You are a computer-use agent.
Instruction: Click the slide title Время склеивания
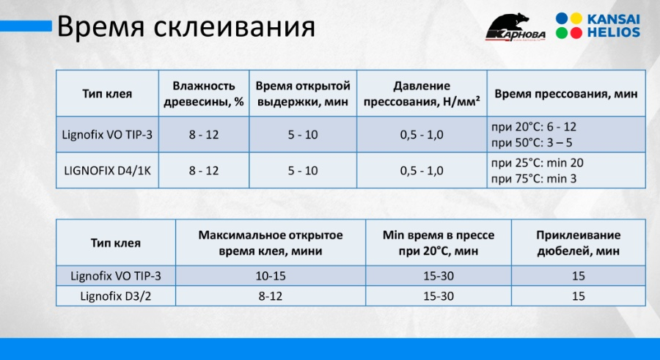tap(186, 27)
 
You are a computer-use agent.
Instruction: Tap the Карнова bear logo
tap(516, 27)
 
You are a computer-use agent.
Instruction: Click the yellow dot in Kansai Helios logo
tap(576, 18)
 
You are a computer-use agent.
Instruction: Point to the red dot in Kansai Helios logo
tap(576, 33)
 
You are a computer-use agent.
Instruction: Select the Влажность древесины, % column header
tap(204, 93)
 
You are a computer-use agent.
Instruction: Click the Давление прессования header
tap(422, 93)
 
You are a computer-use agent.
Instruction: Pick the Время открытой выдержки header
tap(303, 93)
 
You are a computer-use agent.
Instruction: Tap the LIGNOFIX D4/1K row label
tap(107, 171)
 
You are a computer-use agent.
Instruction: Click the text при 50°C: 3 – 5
tap(532, 143)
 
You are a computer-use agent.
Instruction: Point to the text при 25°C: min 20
tap(537, 163)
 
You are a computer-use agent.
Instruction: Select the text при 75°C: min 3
tap(534, 179)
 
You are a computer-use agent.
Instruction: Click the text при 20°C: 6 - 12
tap(534, 127)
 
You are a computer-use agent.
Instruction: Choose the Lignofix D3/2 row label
tap(115, 296)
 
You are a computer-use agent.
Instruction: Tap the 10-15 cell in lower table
tap(271, 276)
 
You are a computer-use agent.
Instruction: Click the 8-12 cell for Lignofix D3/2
tap(271, 296)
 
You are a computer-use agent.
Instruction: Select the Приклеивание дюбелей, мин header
tap(579, 243)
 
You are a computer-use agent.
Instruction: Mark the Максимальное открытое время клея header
tap(271, 243)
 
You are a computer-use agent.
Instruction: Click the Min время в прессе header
tap(439, 243)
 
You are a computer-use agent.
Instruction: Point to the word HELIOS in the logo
tap(614, 32)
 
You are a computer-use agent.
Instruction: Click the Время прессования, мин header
tap(566, 93)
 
